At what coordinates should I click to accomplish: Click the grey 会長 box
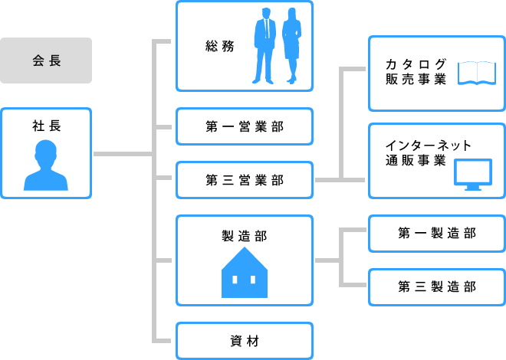click(46, 61)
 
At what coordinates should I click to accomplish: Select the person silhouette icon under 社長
click(46, 168)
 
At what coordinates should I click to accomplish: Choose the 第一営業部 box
click(245, 126)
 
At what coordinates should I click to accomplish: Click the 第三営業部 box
click(245, 180)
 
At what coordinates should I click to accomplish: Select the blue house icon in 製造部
click(245, 273)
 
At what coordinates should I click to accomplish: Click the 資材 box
click(245, 341)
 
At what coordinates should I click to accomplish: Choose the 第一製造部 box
click(436, 234)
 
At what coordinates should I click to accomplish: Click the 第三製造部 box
click(436, 286)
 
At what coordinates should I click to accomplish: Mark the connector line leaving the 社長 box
click(123, 154)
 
